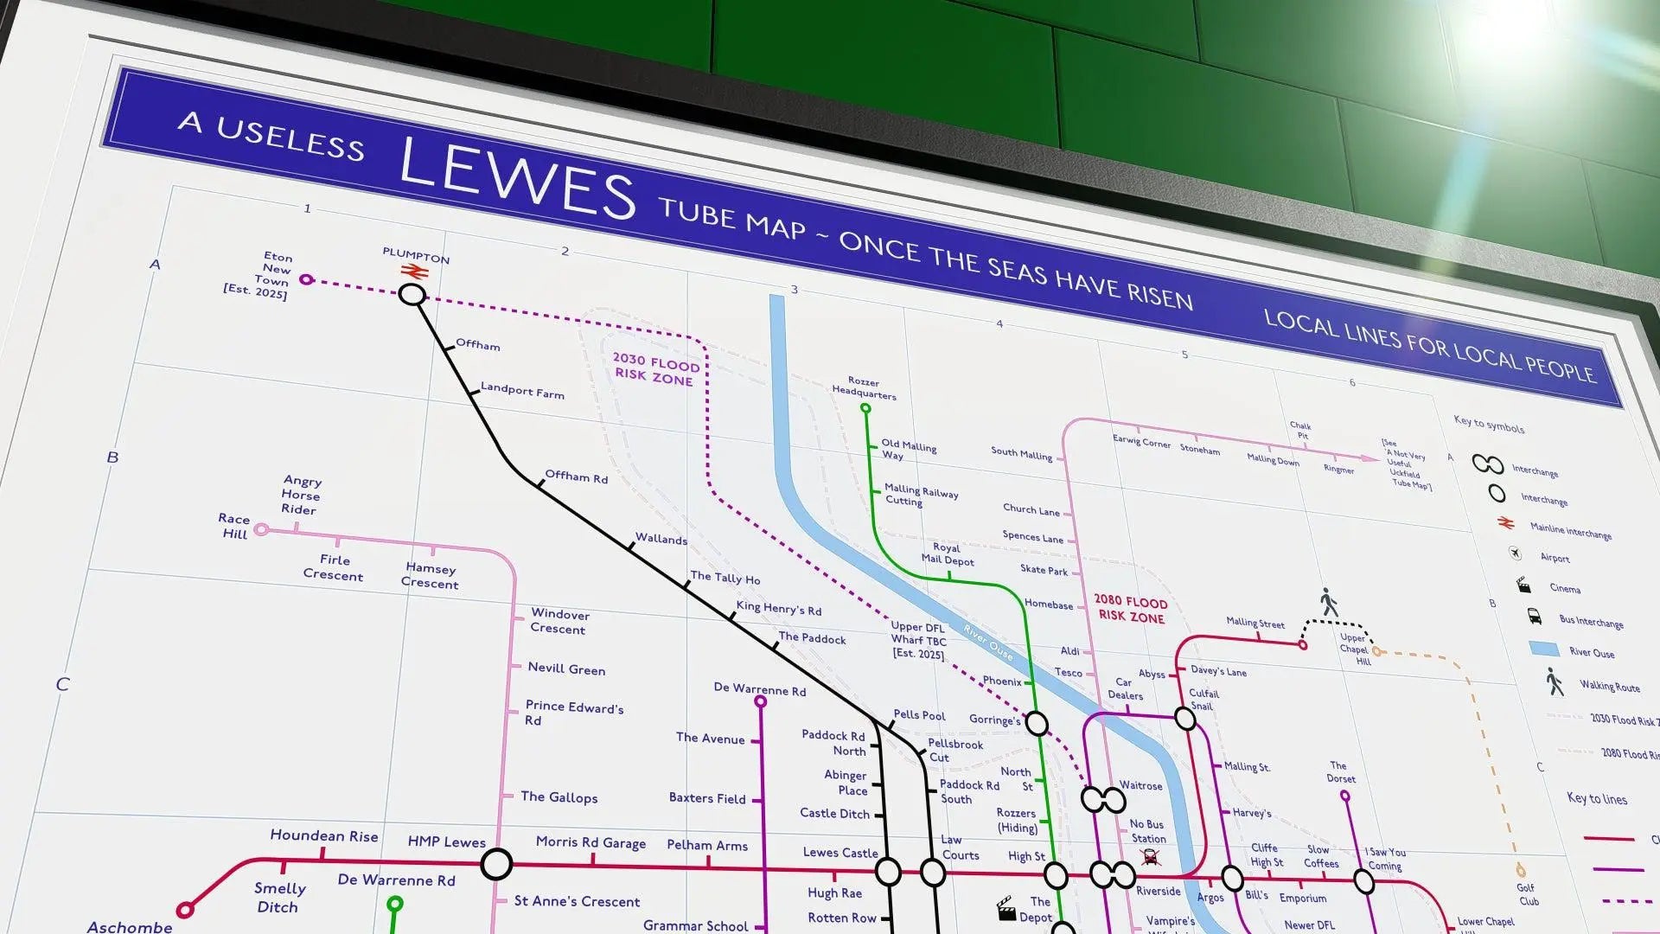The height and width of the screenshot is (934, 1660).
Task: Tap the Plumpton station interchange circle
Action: tap(412, 295)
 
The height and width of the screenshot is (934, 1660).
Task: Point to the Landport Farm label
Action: tap(522, 391)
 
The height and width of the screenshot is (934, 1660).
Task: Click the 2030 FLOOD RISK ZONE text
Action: tap(655, 369)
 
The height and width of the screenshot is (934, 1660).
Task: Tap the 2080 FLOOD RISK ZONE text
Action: tap(1131, 609)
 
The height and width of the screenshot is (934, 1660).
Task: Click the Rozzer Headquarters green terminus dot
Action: tap(865, 408)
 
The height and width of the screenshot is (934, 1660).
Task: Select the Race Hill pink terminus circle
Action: tap(261, 529)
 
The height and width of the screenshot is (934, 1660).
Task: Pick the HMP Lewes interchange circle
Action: tap(496, 863)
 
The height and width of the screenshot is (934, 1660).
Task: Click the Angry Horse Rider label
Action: tap(301, 496)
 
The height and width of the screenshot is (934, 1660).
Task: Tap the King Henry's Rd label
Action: tap(778, 608)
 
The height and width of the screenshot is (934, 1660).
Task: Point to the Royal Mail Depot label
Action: tap(948, 553)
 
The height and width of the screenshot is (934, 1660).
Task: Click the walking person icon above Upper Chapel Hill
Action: tap(1329, 602)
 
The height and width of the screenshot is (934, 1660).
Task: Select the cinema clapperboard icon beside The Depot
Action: tap(1006, 909)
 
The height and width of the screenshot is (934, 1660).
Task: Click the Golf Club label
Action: tap(1528, 894)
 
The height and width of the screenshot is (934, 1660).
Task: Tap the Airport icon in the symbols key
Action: tap(1515, 553)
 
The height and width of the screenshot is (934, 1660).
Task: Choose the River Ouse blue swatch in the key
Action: tap(1543, 649)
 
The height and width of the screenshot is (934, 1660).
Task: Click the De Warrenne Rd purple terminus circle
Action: tap(761, 702)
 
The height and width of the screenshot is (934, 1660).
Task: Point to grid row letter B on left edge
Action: tap(112, 457)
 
